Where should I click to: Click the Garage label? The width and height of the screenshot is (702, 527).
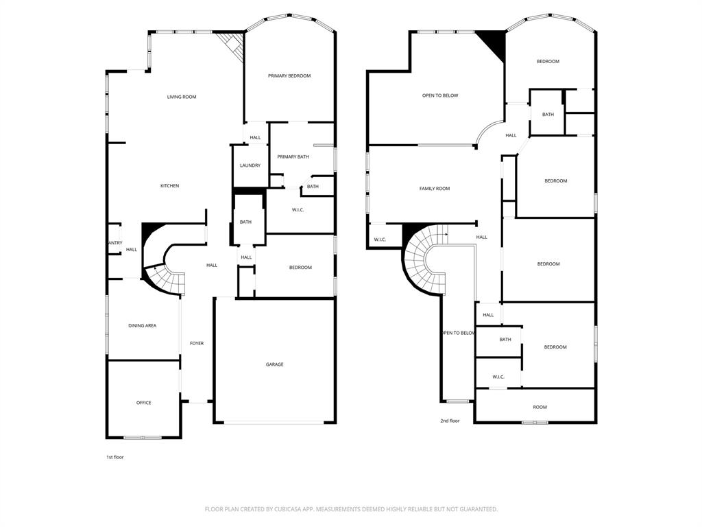[x=275, y=364]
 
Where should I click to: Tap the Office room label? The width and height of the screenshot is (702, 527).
[x=143, y=403]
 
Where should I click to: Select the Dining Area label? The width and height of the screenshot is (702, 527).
[x=142, y=326]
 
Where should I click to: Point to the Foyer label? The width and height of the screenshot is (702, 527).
[x=197, y=343]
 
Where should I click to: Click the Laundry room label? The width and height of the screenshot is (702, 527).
[x=250, y=165]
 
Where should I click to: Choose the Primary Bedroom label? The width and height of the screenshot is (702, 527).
[x=289, y=76]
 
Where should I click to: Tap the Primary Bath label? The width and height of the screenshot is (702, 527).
[x=293, y=157]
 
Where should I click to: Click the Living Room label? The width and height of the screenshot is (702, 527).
[x=182, y=97]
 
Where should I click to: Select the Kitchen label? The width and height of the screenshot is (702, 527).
[x=169, y=186]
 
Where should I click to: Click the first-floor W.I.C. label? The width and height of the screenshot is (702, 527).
[x=298, y=210]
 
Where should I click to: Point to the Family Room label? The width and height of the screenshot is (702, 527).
[x=435, y=189]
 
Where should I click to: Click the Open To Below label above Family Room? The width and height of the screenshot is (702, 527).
[x=440, y=95]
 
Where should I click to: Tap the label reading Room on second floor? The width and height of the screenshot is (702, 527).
[x=540, y=408]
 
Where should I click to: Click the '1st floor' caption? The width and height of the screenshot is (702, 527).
[x=114, y=457]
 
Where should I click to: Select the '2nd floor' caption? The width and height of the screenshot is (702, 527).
[x=450, y=421]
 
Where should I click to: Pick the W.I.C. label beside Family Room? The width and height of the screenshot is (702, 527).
[x=380, y=239]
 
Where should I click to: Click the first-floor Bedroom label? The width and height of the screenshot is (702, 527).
[x=300, y=268]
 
